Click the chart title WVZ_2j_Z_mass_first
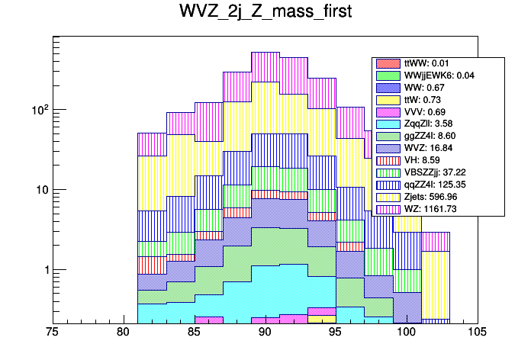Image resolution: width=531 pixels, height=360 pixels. tap(265, 16)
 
